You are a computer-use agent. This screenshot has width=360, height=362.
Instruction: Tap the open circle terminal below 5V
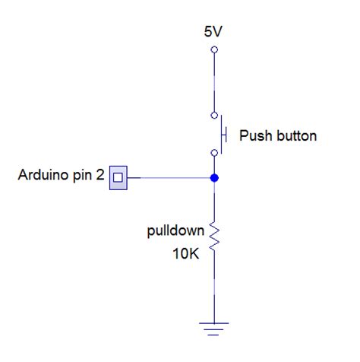214,49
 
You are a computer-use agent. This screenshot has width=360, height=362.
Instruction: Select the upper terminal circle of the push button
214,116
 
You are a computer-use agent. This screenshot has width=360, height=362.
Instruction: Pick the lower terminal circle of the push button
214,153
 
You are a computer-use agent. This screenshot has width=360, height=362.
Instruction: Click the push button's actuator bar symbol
224,135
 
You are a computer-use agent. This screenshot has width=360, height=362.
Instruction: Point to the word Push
254,136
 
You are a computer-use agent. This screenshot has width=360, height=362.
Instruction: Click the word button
295,136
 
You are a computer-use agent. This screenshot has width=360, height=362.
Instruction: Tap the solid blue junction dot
214,178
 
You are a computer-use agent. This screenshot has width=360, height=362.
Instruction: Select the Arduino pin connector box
119,178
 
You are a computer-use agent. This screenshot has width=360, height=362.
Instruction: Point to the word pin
84,177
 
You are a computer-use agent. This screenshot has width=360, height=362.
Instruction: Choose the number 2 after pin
101,176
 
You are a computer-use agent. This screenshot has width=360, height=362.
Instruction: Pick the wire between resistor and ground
214,289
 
